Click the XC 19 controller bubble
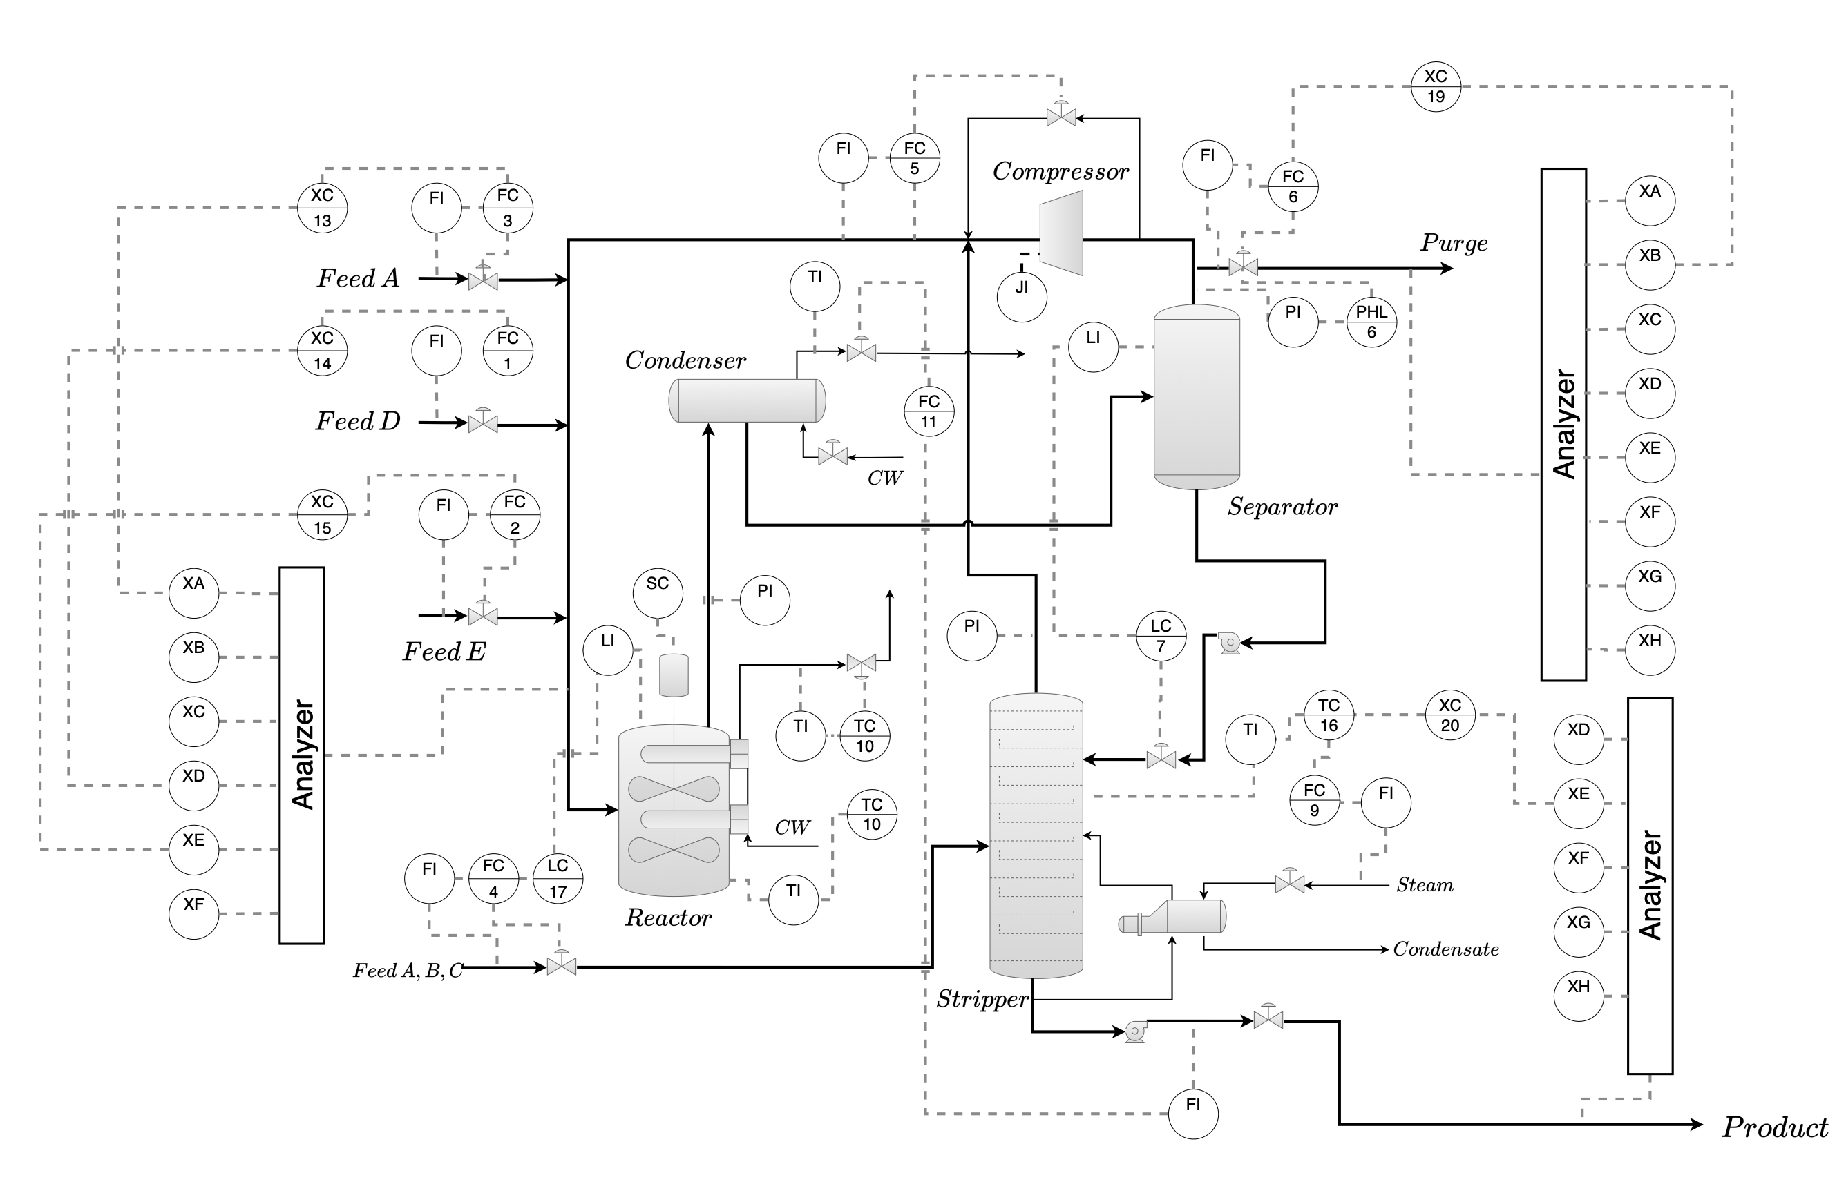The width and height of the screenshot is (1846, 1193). pyautogui.click(x=1435, y=87)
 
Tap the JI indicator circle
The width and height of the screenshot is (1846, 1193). pyautogui.click(x=1021, y=297)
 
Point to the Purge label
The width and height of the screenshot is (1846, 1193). pyautogui.click(x=1454, y=243)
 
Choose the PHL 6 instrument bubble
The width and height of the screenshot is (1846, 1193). pyautogui.click(x=1371, y=322)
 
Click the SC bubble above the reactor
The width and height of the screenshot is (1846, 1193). pyautogui.click(x=657, y=592)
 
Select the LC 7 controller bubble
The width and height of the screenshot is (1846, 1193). pyautogui.click(x=1160, y=636)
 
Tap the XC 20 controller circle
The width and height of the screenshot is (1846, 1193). pyautogui.click(x=1449, y=715)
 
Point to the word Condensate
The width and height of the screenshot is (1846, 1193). pyautogui.click(x=1445, y=949)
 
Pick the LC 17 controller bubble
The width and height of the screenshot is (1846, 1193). pyautogui.click(x=558, y=878)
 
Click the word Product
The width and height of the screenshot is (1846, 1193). pyautogui.click(x=1775, y=1127)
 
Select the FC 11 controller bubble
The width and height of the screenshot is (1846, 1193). pyautogui.click(x=929, y=411)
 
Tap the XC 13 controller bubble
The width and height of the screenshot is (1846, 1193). pyautogui.click(x=322, y=208)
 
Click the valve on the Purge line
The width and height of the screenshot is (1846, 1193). pyautogui.click(x=1242, y=264)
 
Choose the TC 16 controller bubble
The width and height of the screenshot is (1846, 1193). pyautogui.click(x=1329, y=715)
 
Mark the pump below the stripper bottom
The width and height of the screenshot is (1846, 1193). pyautogui.click(x=1135, y=1031)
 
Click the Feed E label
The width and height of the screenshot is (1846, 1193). pyautogui.click(x=444, y=652)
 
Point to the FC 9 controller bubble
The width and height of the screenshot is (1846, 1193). pyautogui.click(x=1313, y=800)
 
